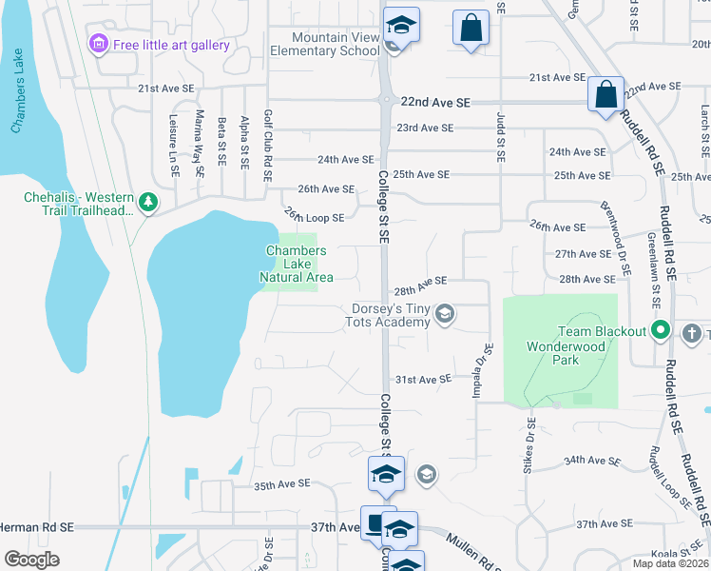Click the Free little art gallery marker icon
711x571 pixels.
coord(97,45)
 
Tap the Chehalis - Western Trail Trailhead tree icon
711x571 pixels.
coord(147,202)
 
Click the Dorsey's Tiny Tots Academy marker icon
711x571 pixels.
coord(443,314)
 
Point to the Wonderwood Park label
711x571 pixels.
coord(566,354)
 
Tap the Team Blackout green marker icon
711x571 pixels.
coord(663,331)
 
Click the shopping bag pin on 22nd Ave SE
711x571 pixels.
coord(605,95)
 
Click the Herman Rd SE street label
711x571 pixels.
coord(36,526)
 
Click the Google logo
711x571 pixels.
coord(31,560)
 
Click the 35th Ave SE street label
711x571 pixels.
coord(282,483)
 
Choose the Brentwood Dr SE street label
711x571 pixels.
coord(615,237)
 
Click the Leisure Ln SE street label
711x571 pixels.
coord(174,142)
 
